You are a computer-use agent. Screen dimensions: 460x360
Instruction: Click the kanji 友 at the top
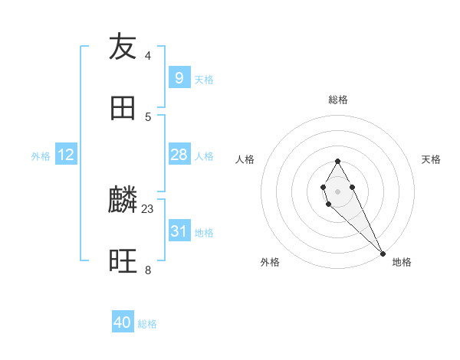[123, 47]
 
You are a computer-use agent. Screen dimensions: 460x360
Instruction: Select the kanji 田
[123, 108]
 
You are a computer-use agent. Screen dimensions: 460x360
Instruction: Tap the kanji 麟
[123, 200]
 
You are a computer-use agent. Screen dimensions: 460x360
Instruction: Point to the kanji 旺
[123, 261]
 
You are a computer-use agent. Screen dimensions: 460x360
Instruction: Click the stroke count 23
[148, 208]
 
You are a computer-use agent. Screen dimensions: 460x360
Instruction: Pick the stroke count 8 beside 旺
[148, 270]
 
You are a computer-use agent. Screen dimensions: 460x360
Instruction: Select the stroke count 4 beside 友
[148, 55]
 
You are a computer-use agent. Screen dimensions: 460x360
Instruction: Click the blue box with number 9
[179, 78]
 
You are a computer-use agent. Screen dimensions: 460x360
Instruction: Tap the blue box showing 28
[179, 155]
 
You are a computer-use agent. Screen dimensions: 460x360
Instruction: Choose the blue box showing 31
[179, 231]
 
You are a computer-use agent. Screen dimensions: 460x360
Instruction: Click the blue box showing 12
[66, 155]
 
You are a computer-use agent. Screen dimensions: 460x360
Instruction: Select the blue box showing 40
[123, 323]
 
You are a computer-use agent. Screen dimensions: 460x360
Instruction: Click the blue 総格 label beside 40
[147, 324]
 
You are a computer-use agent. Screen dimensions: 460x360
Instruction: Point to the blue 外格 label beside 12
[41, 155]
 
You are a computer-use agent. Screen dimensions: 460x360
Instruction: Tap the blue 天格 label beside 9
[204, 79]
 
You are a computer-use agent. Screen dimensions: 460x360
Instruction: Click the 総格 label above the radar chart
[337, 100]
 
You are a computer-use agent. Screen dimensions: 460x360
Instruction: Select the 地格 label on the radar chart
[402, 262]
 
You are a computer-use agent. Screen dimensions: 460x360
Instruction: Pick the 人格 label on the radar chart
[245, 159]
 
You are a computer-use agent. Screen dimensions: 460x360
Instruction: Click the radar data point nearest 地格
[383, 253]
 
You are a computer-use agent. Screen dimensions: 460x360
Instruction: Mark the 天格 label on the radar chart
[431, 159]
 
